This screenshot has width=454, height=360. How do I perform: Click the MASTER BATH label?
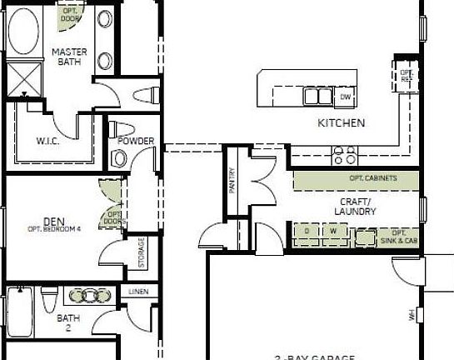click(68, 57)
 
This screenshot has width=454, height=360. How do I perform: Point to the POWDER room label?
click(135, 141)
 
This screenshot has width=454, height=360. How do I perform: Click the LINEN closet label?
click(138, 292)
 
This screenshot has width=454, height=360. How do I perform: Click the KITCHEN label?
click(341, 123)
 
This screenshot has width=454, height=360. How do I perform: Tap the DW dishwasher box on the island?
click(346, 97)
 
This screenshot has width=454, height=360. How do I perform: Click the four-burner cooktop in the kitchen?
click(345, 154)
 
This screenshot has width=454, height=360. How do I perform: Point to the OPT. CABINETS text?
click(372, 179)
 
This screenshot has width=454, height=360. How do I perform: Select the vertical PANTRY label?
click(232, 180)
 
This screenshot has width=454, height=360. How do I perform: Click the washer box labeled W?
click(333, 232)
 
